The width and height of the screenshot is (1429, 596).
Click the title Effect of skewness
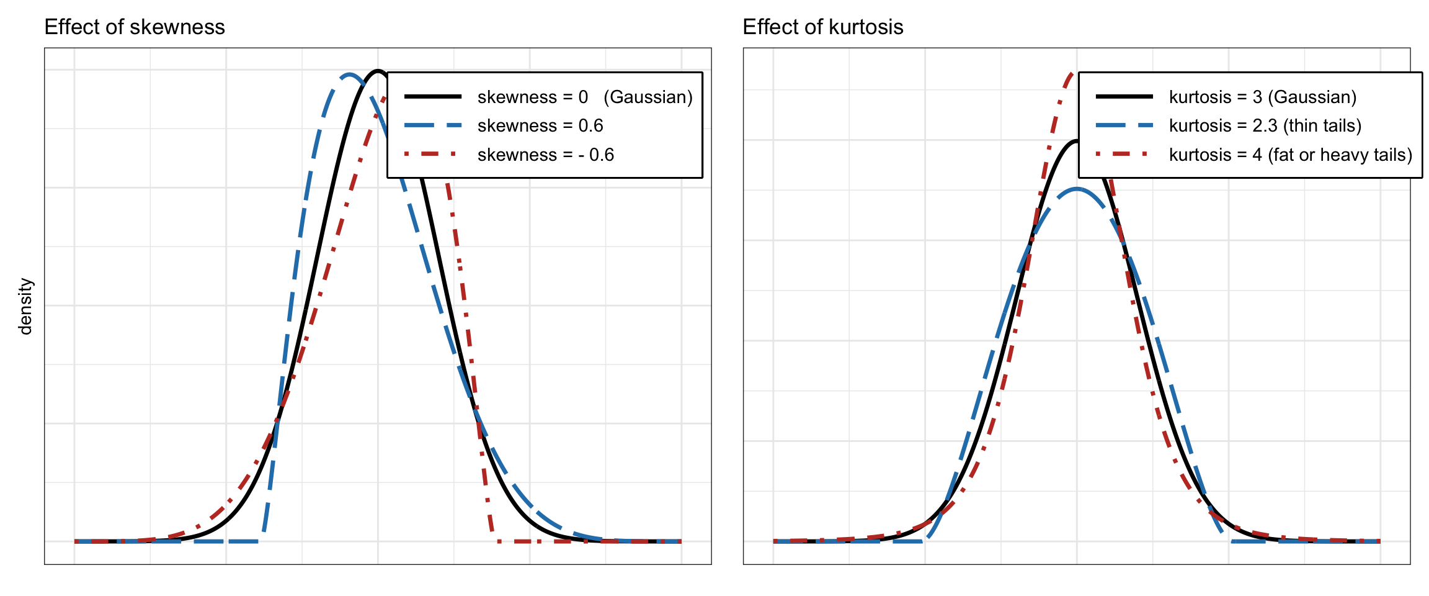click(135, 27)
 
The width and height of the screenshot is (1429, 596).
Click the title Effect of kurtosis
click(822, 27)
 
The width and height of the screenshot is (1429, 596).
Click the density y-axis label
click(25, 306)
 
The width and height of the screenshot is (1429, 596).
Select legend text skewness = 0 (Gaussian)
click(584, 97)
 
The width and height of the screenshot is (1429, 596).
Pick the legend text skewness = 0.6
click(540, 126)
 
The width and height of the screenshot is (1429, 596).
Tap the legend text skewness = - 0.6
click(545, 155)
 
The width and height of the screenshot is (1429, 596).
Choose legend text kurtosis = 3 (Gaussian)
click(1262, 97)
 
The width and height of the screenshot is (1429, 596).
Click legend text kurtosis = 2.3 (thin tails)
click(1265, 126)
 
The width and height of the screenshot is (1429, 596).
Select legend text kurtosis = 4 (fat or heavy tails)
click(1290, 155)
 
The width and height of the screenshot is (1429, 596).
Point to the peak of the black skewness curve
click(378, 71)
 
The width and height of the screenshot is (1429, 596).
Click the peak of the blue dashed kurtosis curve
click(1077, 189)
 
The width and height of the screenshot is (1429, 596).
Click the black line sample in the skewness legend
click(433, 96)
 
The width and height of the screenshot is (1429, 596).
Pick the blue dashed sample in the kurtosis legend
click(1124, 125)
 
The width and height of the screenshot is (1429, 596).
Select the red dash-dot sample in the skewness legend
click(433, 154)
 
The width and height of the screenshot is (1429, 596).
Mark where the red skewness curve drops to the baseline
click(496, 540)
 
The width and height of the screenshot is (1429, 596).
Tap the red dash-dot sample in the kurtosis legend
click(1124, 154)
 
